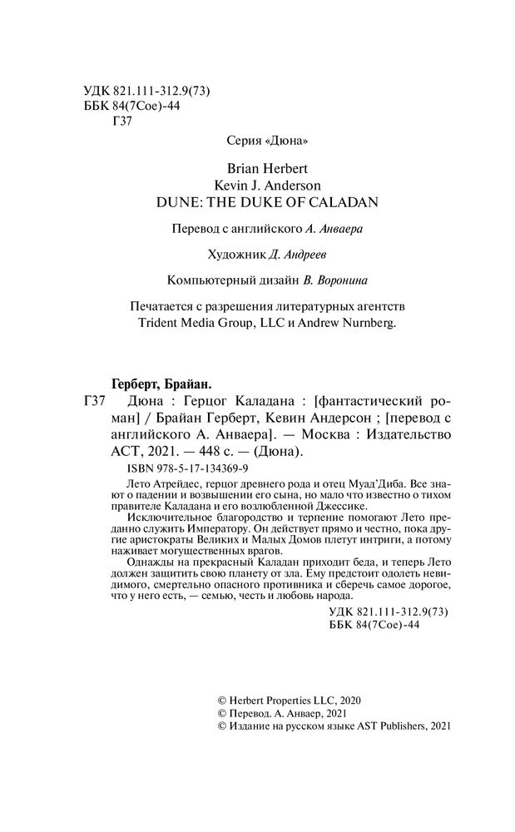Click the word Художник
pyautogui.click(x=242, y=255)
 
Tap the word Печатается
pyautogui.click(x=154, y=307)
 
